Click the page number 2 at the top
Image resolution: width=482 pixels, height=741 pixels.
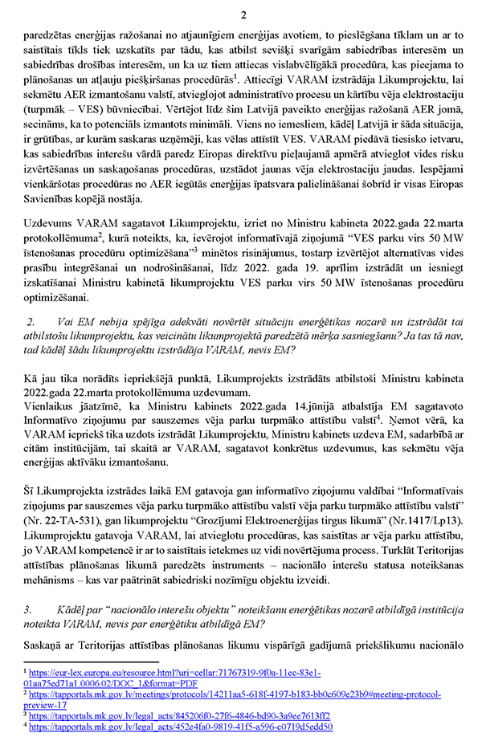pyautogui.click(x=243, y=14)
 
